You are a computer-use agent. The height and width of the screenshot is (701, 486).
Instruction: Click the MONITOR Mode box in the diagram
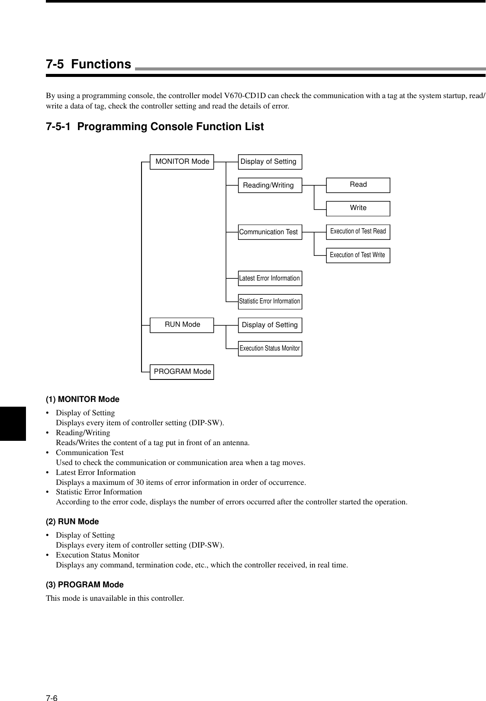182,162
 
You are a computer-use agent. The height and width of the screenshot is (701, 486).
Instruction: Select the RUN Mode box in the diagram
182,325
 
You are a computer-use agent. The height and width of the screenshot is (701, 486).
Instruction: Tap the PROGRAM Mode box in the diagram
182,372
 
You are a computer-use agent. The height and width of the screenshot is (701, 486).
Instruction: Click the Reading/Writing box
270,185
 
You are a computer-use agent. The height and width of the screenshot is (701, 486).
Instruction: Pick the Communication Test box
270,232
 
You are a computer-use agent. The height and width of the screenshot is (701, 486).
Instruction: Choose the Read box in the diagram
358,185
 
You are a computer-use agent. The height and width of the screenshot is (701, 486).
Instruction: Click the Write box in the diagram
358,208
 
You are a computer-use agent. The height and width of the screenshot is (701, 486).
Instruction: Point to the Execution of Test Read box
358,232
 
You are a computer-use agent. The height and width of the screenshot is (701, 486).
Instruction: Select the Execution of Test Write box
358,255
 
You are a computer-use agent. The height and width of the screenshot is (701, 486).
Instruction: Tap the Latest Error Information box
270,278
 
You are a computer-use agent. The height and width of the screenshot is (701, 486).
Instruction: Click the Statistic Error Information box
270,301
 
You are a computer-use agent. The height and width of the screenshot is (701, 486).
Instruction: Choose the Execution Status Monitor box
270,348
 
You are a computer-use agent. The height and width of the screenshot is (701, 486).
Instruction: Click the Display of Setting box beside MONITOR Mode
270,162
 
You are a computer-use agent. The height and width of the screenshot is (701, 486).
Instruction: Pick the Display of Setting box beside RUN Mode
270,325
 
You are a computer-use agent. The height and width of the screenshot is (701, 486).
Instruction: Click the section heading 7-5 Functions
89,64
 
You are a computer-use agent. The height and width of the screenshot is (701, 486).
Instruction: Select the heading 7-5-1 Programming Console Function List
154,127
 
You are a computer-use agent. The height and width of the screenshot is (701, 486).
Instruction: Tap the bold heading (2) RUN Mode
72,522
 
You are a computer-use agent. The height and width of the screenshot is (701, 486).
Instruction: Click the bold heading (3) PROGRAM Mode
85,585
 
